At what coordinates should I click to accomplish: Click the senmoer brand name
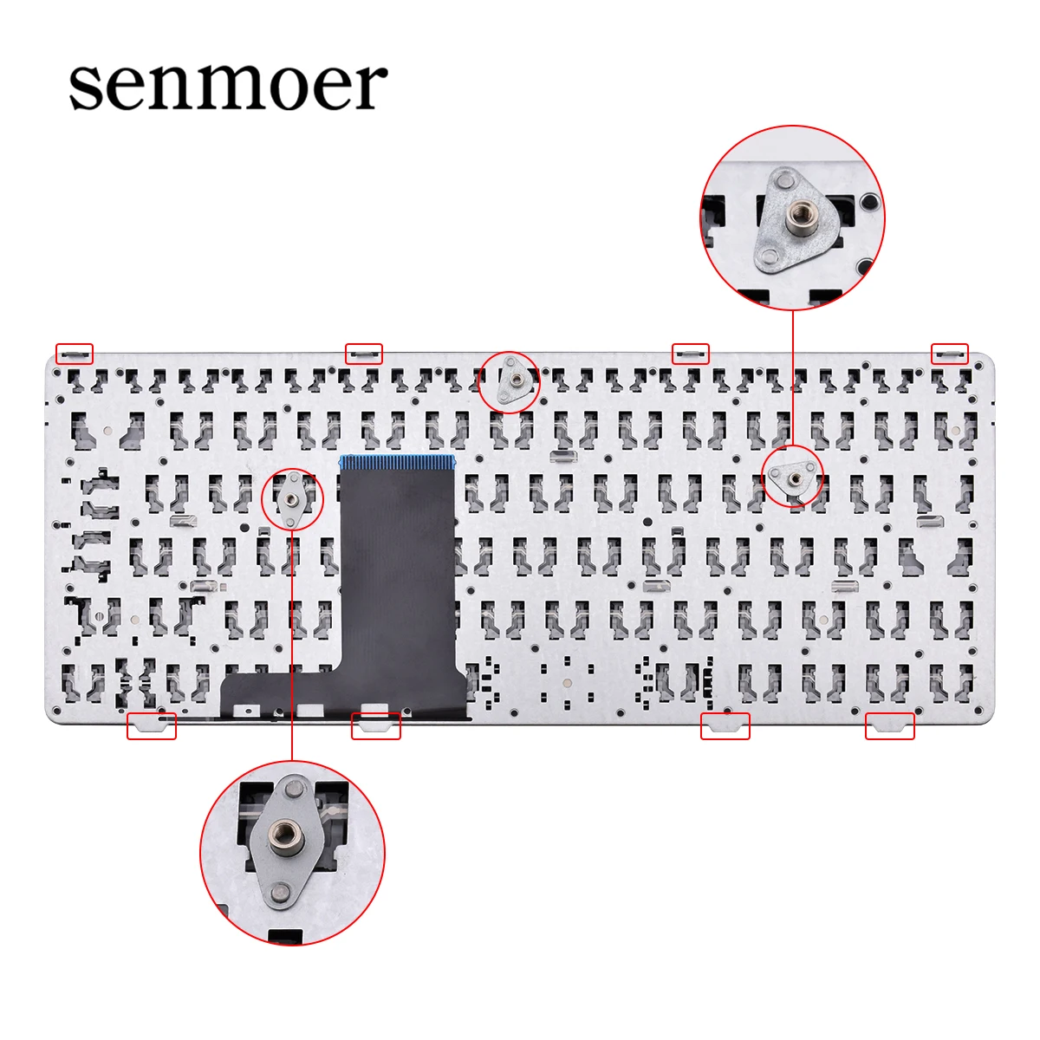(228, 85)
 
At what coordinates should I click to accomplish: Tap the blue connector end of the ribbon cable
(398, 461)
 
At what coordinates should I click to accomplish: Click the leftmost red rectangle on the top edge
(75, 353)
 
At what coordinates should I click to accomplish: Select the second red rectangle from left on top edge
(363, 353)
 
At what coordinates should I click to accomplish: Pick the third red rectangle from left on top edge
(691, 353)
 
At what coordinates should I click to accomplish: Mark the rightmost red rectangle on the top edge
(950, 353)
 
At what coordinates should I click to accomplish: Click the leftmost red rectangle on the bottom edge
(152, 725)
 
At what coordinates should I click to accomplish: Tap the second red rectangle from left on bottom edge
(376, 725)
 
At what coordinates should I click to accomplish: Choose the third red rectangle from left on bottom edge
(725, 725)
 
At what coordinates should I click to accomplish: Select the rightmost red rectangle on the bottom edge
(890, 725)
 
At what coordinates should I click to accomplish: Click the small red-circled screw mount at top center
(510, 381)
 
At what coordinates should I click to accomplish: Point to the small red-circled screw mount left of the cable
(292, 499)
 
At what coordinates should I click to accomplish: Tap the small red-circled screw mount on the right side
(792, 476)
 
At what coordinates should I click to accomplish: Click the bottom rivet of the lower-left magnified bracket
(278, 891)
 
